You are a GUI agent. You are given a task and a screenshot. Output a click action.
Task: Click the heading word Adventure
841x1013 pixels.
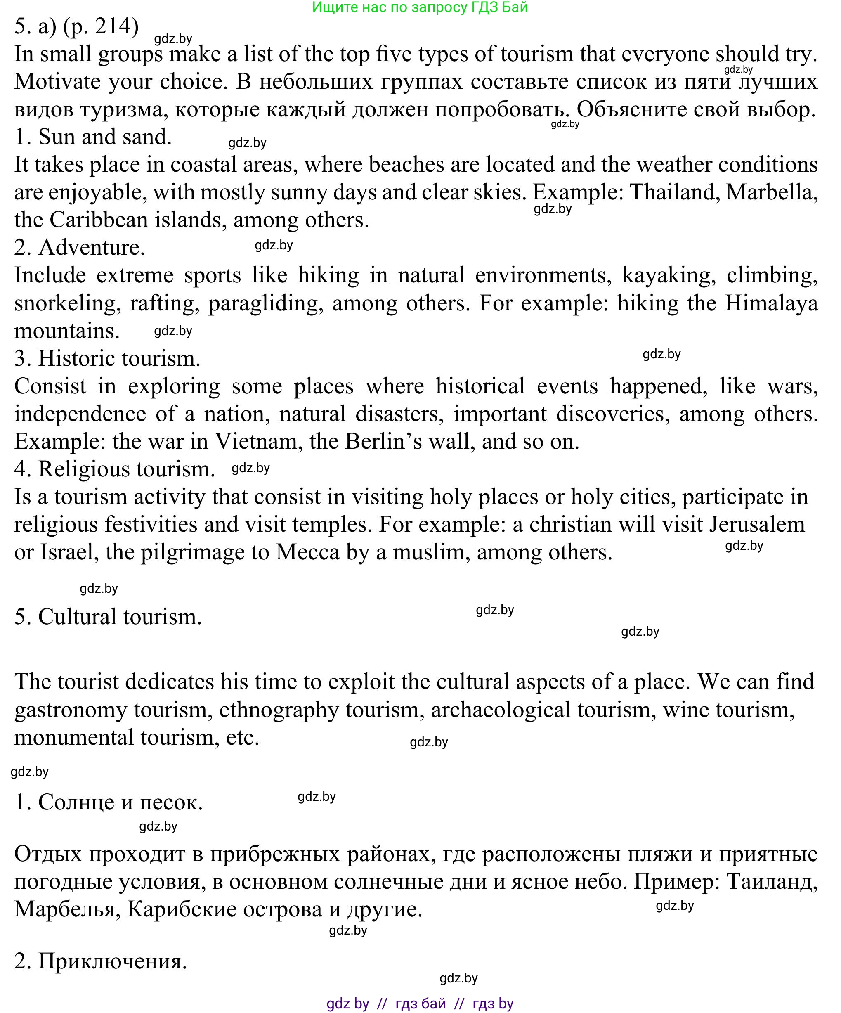[91, 247]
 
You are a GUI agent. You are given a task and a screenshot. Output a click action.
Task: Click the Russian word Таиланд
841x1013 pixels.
[772, 882]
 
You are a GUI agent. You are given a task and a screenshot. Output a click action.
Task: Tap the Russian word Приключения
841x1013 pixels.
[112, 961]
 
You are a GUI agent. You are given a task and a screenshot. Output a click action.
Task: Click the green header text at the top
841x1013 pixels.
[420, 7]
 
